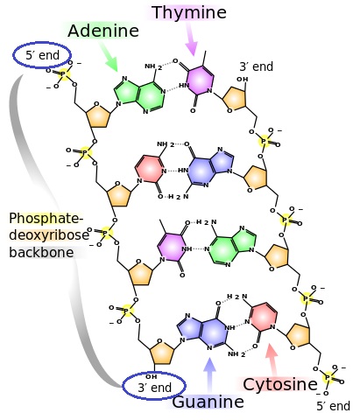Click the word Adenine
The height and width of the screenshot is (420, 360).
point(103,31)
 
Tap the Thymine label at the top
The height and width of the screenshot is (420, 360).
point(189,12)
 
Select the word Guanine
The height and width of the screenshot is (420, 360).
point(208,402)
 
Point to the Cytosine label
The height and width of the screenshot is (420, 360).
point(280,384)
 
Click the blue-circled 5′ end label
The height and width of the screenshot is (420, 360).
point(42,55)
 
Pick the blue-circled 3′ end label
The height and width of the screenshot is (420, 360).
point(154,388)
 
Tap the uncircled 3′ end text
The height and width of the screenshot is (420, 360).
point(257,66)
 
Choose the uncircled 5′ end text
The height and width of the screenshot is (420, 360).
point(334,406)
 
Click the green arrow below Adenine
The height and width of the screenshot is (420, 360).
point(109,58)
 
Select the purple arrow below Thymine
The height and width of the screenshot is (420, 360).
point(192,38)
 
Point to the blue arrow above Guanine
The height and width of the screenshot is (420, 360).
point(209,374)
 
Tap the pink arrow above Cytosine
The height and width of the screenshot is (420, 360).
point(272,360)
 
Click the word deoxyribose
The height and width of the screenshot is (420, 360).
point(49,235)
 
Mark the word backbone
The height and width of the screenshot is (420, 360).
point(41,252)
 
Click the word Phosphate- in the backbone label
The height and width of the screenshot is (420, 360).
point(46,219)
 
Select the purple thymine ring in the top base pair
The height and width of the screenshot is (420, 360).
point(200,80)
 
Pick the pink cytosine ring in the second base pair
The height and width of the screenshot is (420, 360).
point(149,168)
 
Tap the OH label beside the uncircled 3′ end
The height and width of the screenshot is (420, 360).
point(243,80)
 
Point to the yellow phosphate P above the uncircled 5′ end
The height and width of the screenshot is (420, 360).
point(328,378)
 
